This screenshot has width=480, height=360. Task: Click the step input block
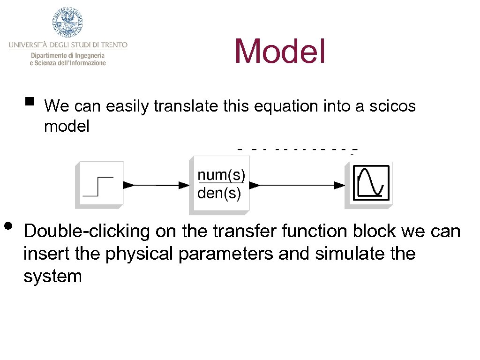pyautogui.click(x=99, y=184)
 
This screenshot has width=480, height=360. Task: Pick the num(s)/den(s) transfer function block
pyautogui.click(x=219, y=185)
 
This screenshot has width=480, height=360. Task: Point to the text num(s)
pyautogui.click(x=221, y=175)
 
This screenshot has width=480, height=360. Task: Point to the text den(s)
pyautogui.click(x=219, y=193)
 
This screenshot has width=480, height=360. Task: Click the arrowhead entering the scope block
pyautogui.click(x=339, y=185)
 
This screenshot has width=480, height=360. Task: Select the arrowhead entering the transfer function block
pyautogui.click(x=183, y=185)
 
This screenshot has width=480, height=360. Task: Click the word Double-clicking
pyautogui.click(x=87, y=231)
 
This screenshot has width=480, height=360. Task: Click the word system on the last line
pyautogui.click(x=52, y=276)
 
